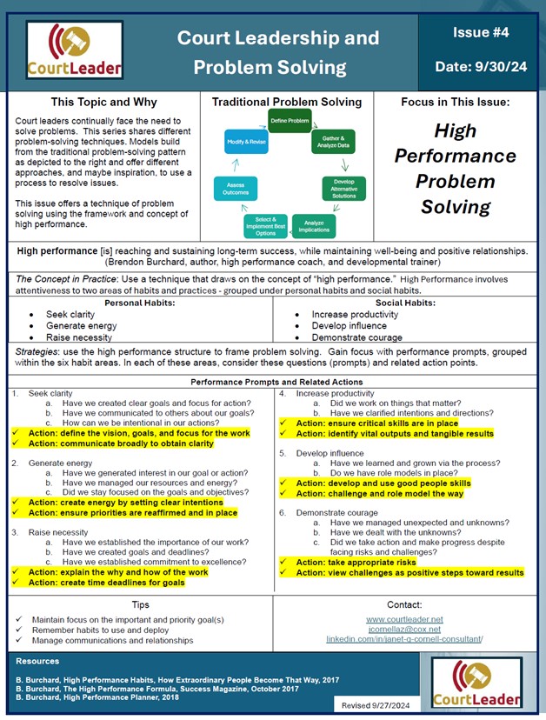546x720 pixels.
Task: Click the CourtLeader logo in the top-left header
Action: point(74,49)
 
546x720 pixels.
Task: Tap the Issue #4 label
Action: point(477,32)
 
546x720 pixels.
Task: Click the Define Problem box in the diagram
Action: point(290,121)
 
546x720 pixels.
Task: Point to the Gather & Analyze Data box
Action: point(334,141)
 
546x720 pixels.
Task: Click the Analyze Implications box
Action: point(314,225)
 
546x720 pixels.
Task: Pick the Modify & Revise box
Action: point(245,141)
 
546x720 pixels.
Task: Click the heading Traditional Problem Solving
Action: point(286,102)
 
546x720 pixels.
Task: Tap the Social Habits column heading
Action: point(407,303)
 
